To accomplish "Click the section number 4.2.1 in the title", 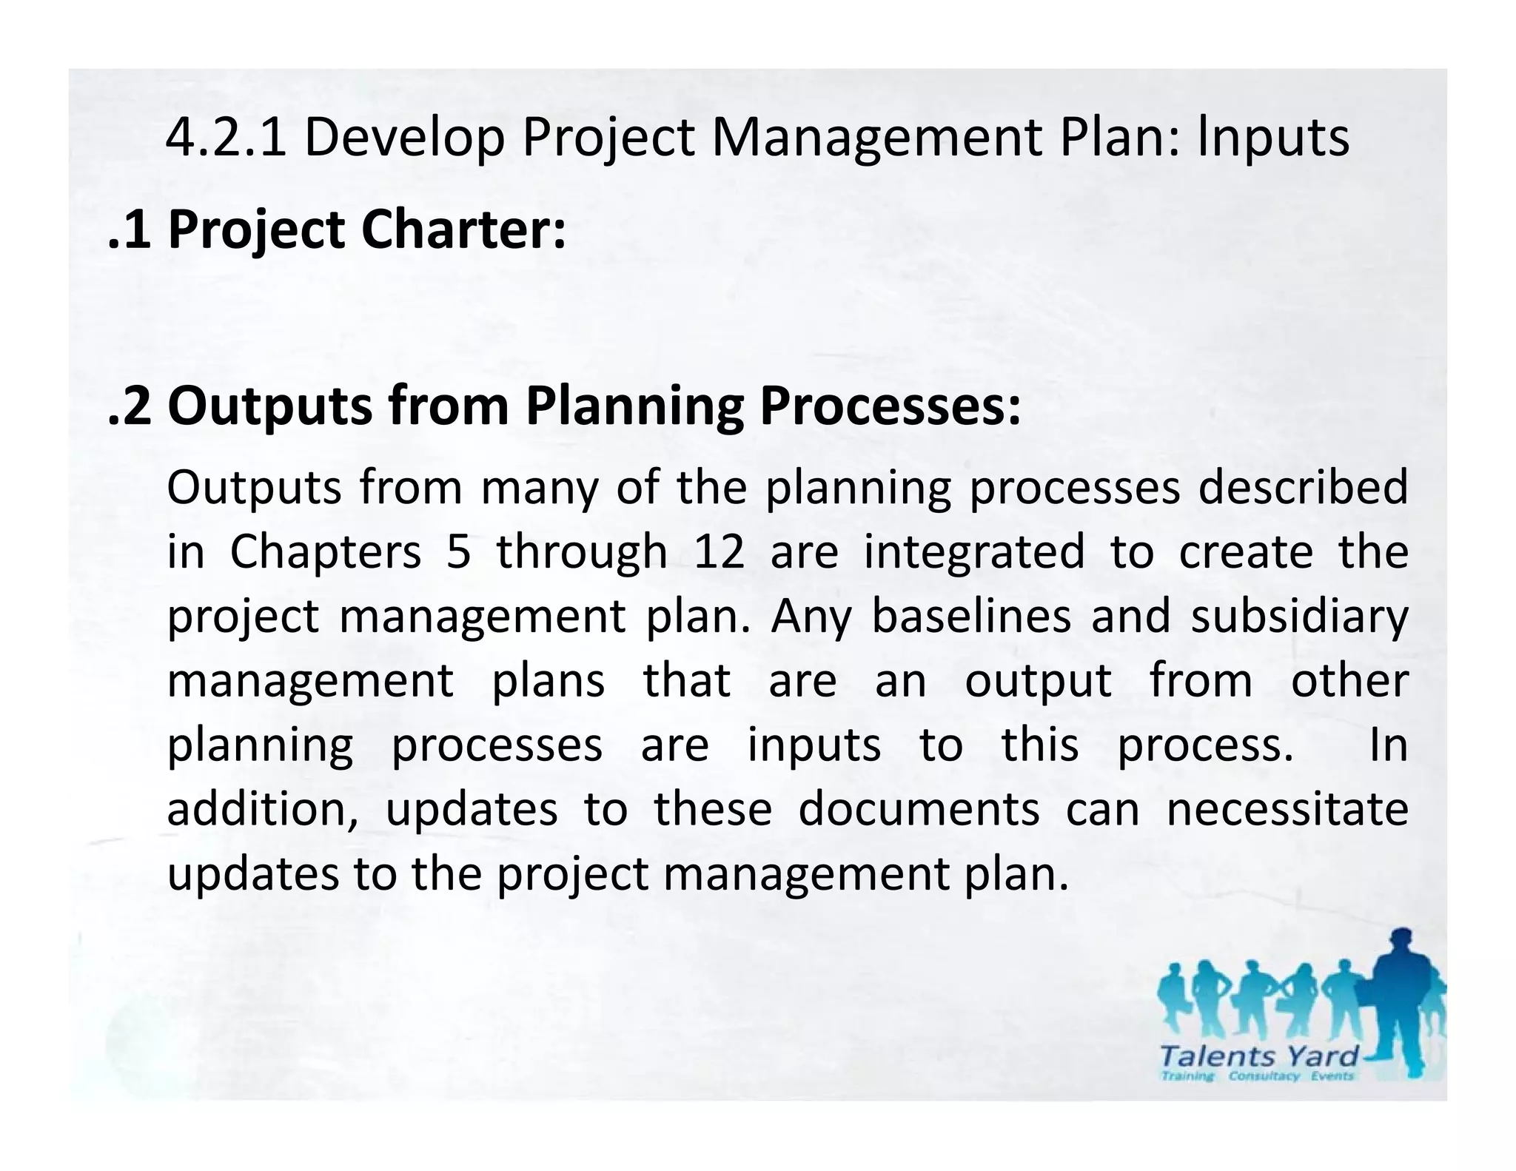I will click(x=226, y=138).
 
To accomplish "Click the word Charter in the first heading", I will click(x=463, y=229).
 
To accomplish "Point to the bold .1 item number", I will click(x=130, y=230).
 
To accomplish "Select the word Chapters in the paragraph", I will click(x=326, y=552).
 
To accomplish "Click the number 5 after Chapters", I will click(x=459, y=552).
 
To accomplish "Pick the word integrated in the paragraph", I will click(x=974, y=552).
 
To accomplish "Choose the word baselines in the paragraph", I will click(x=971, y=616).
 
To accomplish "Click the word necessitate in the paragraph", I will click(x=1287, y=808).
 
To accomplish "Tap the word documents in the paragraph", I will click(x=919, y=808).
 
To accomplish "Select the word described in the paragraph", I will click(x=1303, y=488).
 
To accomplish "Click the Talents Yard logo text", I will click(x=1259, y=1056).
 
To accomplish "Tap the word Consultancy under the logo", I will click(x=1264, y=1076).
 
